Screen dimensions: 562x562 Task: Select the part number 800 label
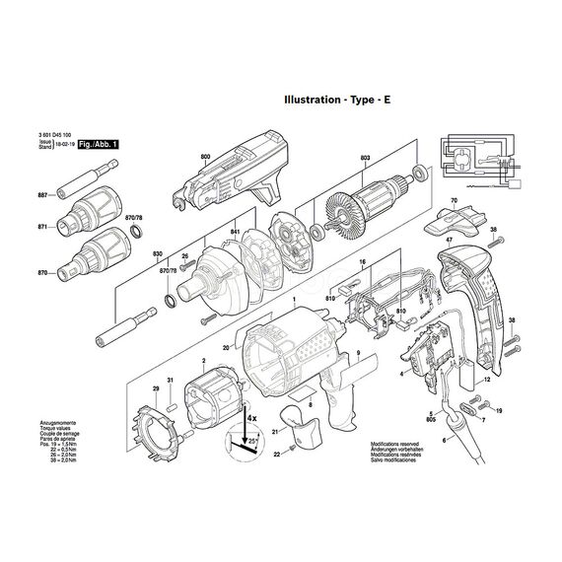click(205, 158)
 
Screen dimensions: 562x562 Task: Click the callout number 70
click(455, 203)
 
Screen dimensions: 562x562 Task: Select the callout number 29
click(154, 390)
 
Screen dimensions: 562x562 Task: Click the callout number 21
click(276, 431)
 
